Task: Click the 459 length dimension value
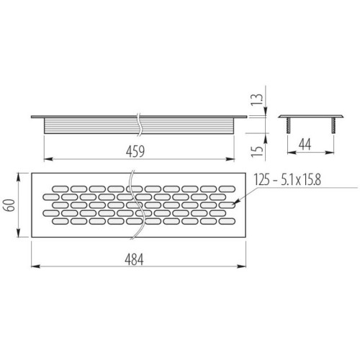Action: coord(135,151)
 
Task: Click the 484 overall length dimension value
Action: coord(134,259)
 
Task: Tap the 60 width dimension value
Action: coord(11,205)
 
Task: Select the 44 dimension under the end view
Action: coord(305,145)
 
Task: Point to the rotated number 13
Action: coord(257,99)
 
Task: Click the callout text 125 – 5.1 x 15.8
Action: coord(287,179)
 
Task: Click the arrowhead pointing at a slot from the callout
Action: coord(235,203)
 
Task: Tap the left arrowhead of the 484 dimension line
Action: coord(35,266)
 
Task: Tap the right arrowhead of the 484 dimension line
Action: coord(241,266)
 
